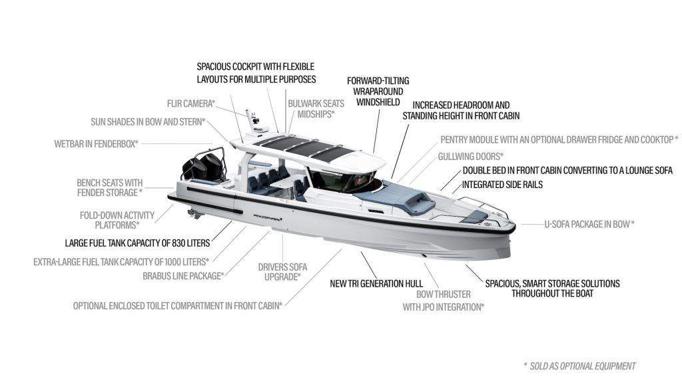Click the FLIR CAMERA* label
[191, 103]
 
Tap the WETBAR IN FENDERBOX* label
[96, 144]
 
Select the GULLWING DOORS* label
[471, 156]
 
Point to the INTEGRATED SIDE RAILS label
[502, 185]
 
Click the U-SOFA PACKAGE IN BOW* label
[589, 224]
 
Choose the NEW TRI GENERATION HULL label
[376, 283]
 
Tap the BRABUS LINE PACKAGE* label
[184, 276]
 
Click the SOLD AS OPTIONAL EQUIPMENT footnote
[580, 366]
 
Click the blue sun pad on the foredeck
[394, 197]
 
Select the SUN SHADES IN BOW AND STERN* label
[148, 122]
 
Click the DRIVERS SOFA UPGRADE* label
[282, 272]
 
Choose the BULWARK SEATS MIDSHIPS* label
[316, 109]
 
